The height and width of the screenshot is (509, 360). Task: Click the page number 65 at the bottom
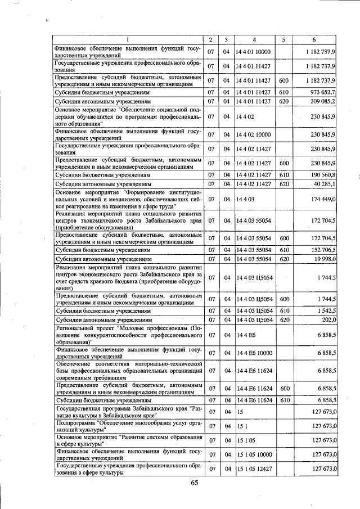pyautogui.click(x=195, y=483)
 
